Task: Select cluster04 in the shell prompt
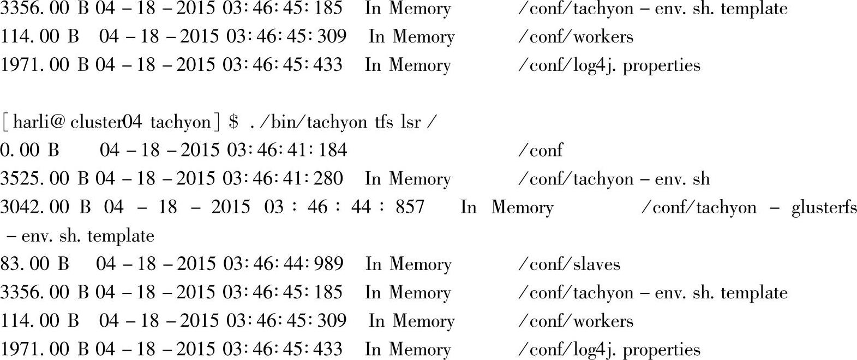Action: (106, 122)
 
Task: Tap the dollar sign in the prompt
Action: (234, 122)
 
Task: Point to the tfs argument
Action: (383, 122)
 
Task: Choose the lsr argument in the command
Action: (411, 122)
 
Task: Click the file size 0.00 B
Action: (29, 150)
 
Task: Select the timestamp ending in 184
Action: (223, 150)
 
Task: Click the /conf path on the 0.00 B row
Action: (540, 150)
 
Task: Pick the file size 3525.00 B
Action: (44, 178)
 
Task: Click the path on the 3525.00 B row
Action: (614, 178)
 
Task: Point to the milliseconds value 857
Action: (410, 207)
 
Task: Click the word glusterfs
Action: (824, 207)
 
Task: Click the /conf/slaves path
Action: (569, 264)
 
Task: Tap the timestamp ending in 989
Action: (219, 264)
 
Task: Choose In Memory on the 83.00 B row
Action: (408, 264)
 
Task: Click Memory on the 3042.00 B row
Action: (522, 207)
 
